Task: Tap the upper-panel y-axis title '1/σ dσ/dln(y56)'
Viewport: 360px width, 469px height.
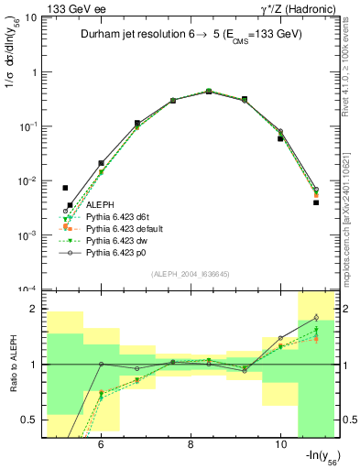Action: click(13, 55)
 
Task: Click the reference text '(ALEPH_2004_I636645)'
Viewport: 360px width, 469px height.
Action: click(190, 275)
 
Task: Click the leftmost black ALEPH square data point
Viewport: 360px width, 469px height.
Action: click(65, 188)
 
